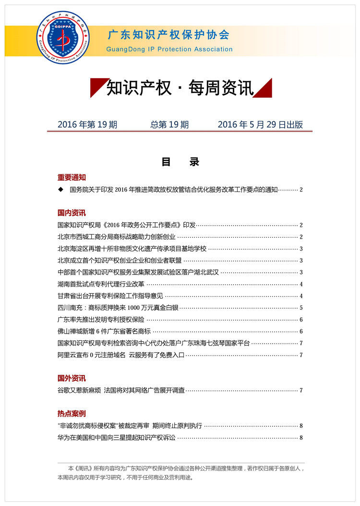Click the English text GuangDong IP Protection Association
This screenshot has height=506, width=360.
pos(169,49)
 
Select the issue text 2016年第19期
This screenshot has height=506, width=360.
pos(87,125)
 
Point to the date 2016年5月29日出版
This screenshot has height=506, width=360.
pos(260,125)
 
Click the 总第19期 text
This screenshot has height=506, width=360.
pos(169,125)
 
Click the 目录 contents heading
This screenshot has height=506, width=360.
pos(180,162)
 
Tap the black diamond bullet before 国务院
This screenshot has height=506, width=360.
pos(60,190)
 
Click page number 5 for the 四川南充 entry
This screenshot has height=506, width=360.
pos(301,308)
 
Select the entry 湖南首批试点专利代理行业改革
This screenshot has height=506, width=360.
pos(101,284)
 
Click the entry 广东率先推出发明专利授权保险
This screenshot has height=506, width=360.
pos(101,320)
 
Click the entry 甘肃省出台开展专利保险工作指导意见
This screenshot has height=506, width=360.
pos(110,296)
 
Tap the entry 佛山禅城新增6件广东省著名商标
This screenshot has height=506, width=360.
pos(104,331)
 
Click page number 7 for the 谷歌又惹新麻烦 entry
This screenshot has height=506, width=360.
pos(301,390)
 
